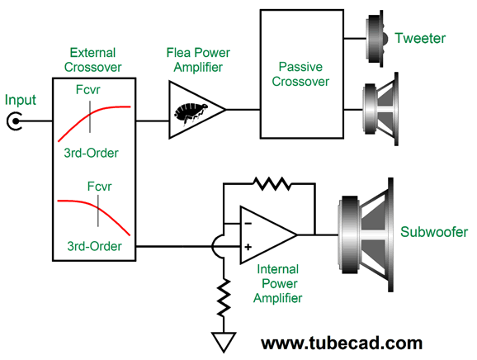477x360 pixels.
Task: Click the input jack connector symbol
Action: [14, 121]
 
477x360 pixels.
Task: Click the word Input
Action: [21, 101]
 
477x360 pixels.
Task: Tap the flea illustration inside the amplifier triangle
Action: [191, 114]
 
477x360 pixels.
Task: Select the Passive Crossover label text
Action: [300, 74]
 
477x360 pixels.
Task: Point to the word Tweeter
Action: [420, 38]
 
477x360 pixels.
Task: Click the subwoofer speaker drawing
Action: [366, 234]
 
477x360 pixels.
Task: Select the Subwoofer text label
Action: [434, 232]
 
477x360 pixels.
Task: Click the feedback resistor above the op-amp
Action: [272, 183]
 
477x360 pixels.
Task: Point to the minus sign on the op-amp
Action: [248, 224]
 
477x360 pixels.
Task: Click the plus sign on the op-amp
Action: [248, 247]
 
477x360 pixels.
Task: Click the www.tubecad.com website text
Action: [342, 343]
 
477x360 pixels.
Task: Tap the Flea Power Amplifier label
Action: [198, 60]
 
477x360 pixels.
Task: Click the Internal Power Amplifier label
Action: [278, 283]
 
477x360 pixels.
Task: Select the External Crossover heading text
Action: [92, 60]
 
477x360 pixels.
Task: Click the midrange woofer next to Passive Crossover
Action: [380, 109]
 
